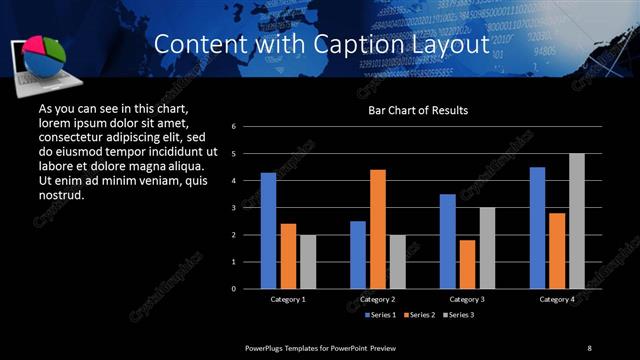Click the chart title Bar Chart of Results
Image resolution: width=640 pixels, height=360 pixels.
418,110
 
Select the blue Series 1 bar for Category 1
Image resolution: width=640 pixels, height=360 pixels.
268,231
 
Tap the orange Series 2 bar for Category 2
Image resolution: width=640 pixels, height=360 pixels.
378,229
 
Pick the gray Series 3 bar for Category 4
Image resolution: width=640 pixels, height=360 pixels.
577,221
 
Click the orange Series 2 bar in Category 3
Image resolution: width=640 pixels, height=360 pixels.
468,264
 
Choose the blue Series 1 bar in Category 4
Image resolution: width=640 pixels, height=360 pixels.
538,228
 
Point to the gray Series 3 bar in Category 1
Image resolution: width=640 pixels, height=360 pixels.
308,262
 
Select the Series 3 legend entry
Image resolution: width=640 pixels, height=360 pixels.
457,315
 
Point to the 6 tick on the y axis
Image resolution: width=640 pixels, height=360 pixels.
233,127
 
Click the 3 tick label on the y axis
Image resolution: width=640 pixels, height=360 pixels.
233,208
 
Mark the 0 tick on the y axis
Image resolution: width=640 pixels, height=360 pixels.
233,289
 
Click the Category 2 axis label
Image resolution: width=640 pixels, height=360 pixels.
378,299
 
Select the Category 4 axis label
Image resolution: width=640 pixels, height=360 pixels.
557,299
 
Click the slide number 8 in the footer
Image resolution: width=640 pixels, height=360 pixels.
589,347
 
